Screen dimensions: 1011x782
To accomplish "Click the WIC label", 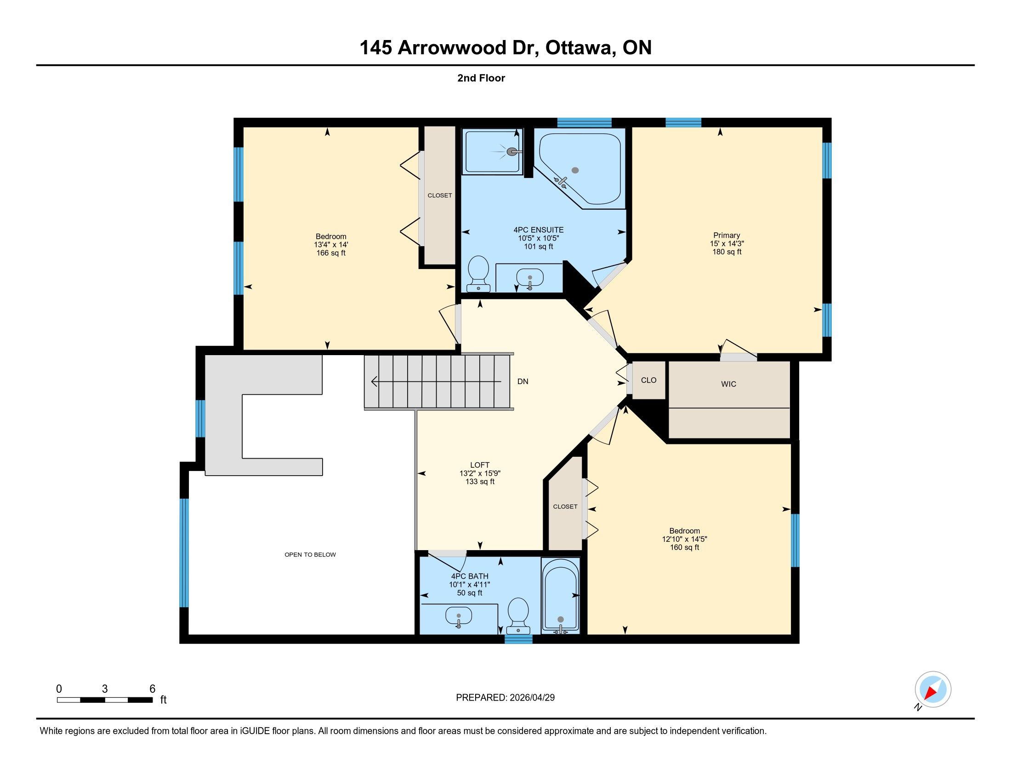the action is click(728, 384).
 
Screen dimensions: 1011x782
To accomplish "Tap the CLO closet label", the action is click(648, 380).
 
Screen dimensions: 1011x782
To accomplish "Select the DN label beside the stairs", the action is click(523, 381).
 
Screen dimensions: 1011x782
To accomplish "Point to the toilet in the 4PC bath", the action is click(518, 615).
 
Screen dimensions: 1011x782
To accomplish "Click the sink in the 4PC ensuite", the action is click(529, 278).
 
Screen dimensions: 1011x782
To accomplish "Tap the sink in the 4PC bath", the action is click(458, 617).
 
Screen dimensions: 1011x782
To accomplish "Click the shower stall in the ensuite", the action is click(494, 151).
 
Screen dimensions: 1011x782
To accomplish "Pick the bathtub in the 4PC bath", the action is click(561, 595).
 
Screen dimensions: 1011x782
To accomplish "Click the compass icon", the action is click(933, 689).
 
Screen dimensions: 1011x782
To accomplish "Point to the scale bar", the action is click(105, 700).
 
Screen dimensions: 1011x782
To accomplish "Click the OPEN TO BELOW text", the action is click(310, 555).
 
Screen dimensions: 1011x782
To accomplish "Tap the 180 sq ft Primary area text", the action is click(727, 252).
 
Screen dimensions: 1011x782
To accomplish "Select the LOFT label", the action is click(480, 465).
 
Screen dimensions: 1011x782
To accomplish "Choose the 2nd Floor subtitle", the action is click(481, 78).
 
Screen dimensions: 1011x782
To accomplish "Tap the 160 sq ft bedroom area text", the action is click(684, 547).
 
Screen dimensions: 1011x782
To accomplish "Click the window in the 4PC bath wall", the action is click(518, 639).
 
